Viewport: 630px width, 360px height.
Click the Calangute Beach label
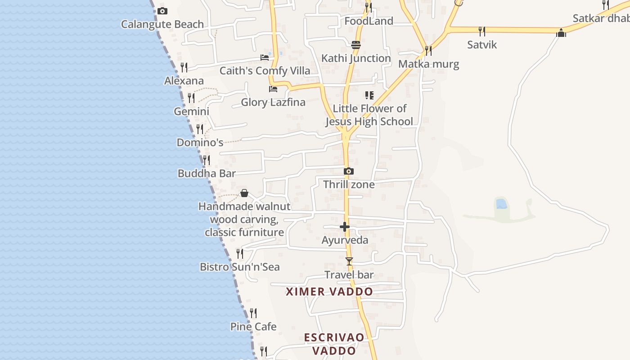pos(162,24)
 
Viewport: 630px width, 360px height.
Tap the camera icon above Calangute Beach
pos(162,11)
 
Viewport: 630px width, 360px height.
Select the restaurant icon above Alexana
pos(184,67)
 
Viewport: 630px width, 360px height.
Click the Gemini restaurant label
pos(192,111)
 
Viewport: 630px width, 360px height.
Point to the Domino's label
pos(200,143)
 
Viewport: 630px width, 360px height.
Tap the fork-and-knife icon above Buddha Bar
pos(206,160)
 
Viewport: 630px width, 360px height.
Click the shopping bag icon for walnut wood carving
pos(244,193)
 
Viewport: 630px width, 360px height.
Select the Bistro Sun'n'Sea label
pos(240,267)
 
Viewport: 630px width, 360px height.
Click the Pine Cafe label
pos(253,327)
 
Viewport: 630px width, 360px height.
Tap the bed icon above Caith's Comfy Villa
pos(265,58)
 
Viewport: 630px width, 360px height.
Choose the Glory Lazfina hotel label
pos(273,102)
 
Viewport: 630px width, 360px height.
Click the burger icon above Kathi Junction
pos(356,45)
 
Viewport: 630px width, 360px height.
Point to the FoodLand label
pos(369,21)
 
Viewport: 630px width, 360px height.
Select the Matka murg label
pos(428,64)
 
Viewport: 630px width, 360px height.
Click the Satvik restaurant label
pos(482,45)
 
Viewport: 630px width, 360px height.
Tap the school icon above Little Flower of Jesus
pos(369,95)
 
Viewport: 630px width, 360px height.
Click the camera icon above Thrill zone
pos(349,171)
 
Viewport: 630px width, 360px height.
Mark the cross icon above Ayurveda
pos(345,227)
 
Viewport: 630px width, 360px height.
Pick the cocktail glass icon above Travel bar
pos(349,261)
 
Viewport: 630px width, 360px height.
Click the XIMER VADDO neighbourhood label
pos(329,292)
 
